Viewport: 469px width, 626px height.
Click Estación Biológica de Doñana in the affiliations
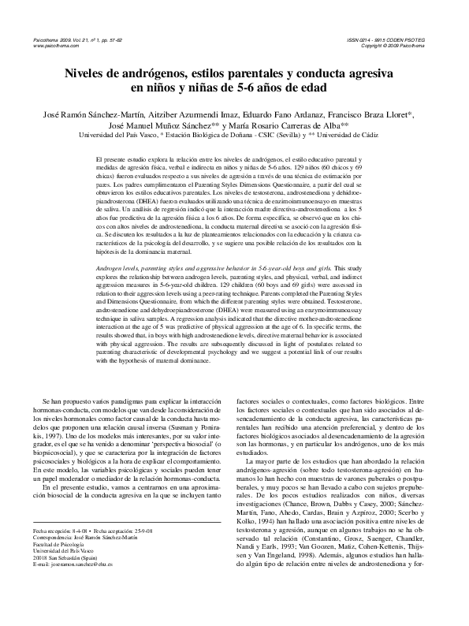click(x=218, y=135)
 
